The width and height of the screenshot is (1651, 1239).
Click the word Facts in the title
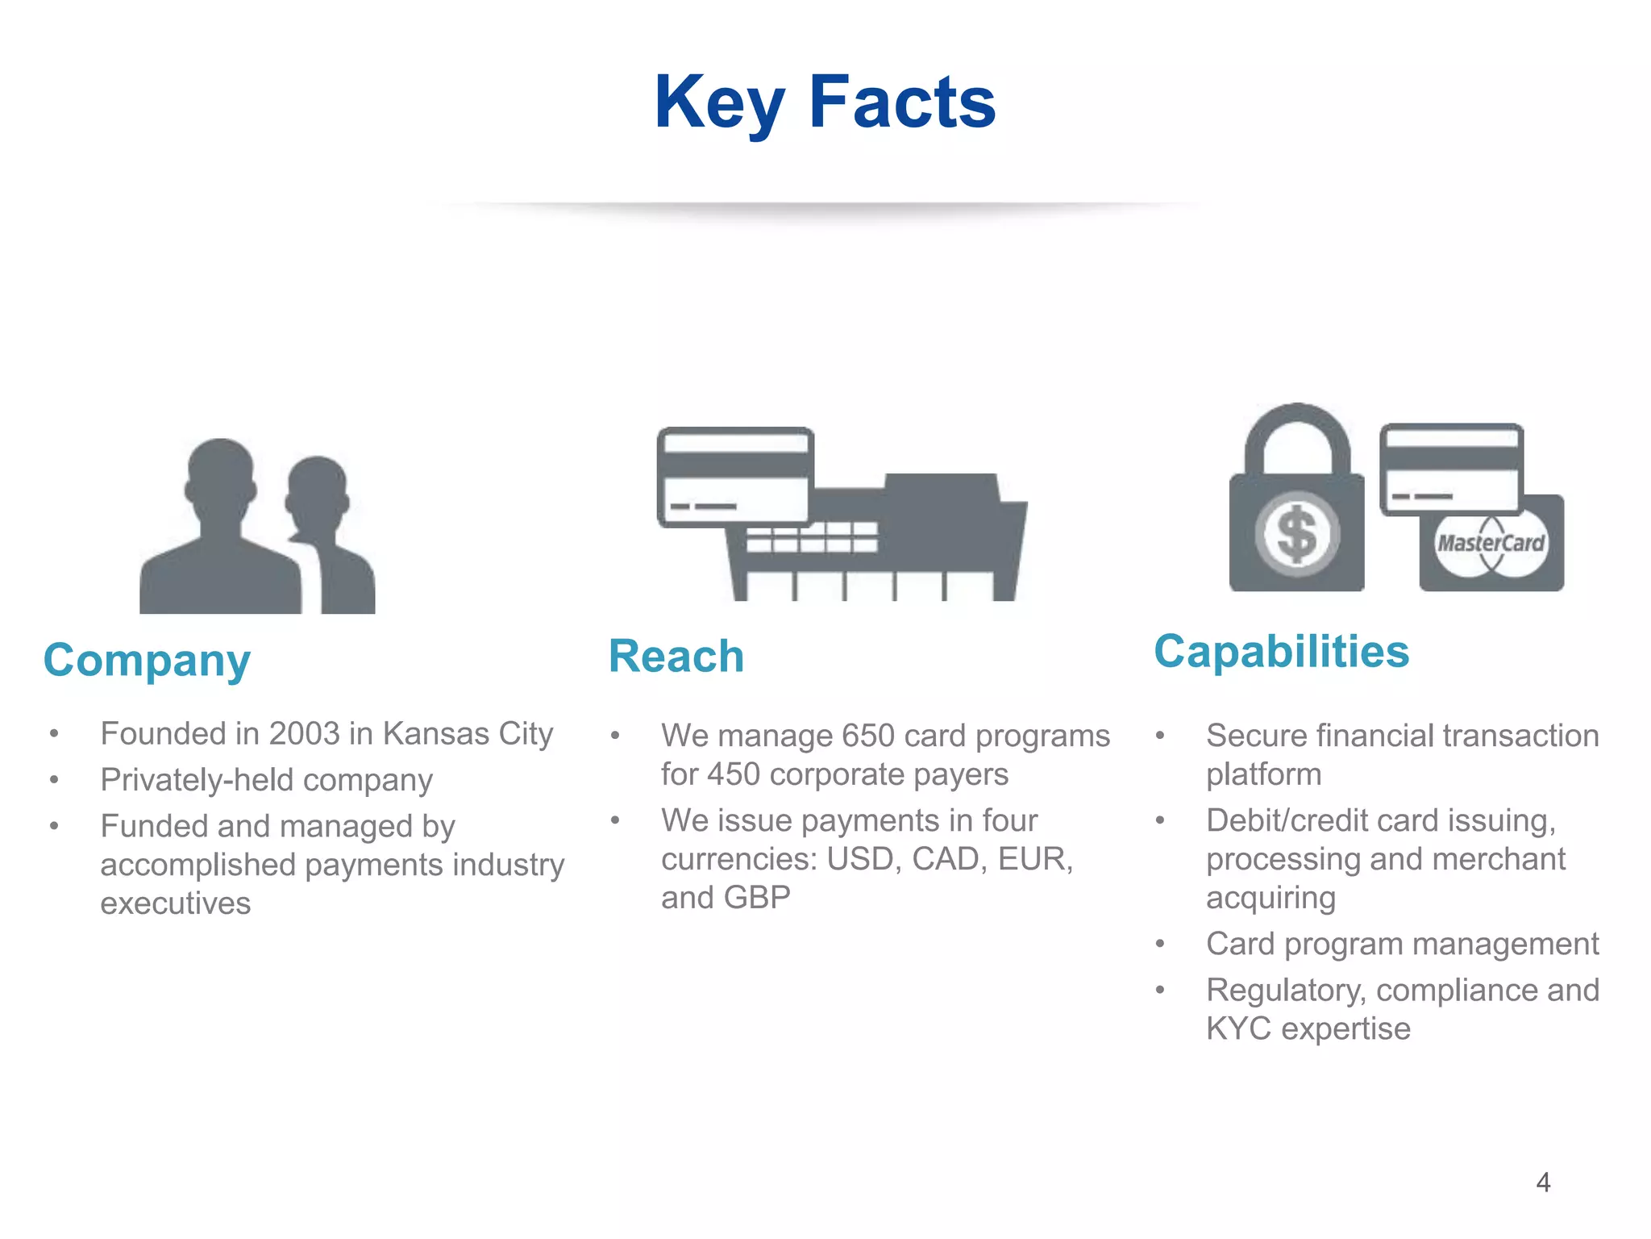click(x=902, y=103)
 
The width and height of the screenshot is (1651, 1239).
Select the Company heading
click(x=147, y=661)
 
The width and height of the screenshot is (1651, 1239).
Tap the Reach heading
click(x=676, y=656)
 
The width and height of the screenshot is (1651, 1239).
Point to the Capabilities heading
click(x=1281, y=652)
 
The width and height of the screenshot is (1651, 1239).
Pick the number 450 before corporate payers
click(x=733, y=774)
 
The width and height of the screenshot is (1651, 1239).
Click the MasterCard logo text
click(x=1491, y=543)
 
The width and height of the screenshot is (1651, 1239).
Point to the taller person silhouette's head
click(x=220, y=476)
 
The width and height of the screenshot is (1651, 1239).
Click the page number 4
click(x=1543, y=1183)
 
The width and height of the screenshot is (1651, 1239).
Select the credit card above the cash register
click(x=734, y=477)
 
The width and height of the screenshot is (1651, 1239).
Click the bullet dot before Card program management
click(x=1160, y=944)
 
